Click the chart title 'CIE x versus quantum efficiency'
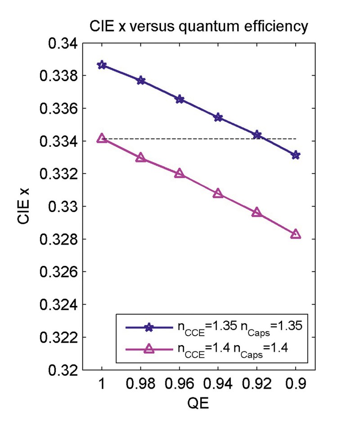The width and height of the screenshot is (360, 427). [198, 27]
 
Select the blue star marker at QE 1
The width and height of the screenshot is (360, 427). [102, 65]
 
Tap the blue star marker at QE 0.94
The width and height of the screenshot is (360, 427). [218, 117]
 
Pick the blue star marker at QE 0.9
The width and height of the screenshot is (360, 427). [296, 155]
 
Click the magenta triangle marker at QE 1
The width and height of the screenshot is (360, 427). [102, 138]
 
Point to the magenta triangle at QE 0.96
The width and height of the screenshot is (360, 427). [180, 173]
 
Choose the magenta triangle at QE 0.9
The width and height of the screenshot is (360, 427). [296, 234]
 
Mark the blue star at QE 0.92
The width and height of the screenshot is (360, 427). [257, 135]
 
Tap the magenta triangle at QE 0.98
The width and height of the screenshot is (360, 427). [140, 157]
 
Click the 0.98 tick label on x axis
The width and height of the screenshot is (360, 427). [140, 386]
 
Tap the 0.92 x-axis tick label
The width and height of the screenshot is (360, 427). [257, 386]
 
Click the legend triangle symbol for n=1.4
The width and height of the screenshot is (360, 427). [149, 348]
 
